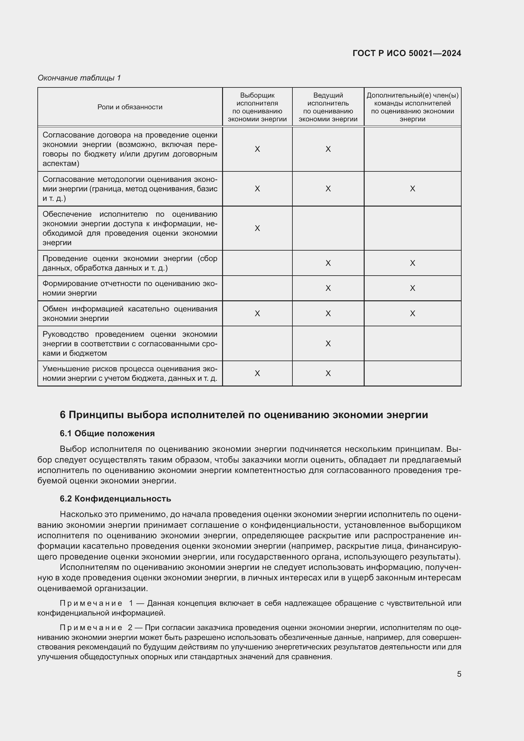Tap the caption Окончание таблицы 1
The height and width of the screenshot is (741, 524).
pos(79,78)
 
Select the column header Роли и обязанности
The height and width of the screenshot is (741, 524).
pos(130,107)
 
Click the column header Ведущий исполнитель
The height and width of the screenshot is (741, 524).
pos(328,107)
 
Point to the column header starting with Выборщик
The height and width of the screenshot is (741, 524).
pos(257,107)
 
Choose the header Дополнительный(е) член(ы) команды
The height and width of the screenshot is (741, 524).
pos(412,107)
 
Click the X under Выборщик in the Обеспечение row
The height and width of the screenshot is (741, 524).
pos(257,228)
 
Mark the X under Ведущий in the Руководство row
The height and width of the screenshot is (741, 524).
pos(328,344)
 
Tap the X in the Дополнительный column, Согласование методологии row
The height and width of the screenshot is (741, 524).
pos(412,189)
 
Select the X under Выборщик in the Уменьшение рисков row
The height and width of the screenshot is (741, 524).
pos(257,374)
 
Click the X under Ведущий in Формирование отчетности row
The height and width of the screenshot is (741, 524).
pos(328,288)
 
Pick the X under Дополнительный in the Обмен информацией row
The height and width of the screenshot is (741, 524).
pos(412,314)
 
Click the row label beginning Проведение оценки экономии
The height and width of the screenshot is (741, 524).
pos(130,263)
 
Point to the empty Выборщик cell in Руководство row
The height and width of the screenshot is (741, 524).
pos(257,344)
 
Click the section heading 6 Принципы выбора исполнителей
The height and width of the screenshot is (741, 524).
pos(244,415)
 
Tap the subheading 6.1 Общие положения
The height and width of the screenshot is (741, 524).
pos(107,433)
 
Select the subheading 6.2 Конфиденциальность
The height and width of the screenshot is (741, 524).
pos(115,499)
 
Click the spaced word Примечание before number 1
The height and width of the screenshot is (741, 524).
pos(91,603)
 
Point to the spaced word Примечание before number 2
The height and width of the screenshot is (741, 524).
pos(91,628)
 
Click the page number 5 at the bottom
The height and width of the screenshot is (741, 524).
pos(459,674)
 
